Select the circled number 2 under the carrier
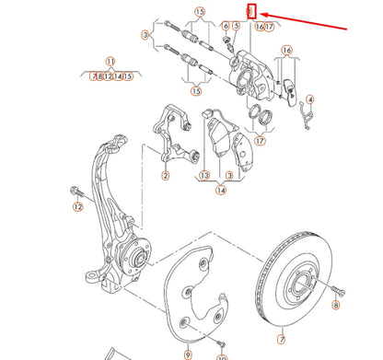(166, 175)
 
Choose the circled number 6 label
(225, 26)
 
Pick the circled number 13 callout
(202, 175)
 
